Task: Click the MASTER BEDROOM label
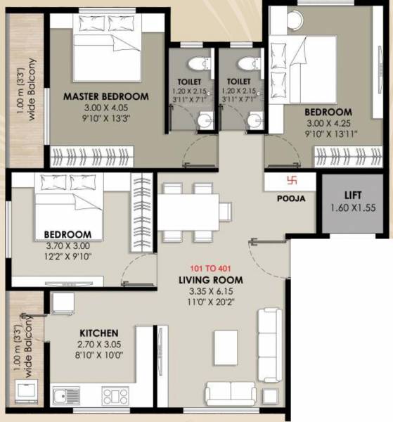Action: pyautogui.click(x=105, y=96)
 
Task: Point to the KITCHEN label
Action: pyautogui.click(x=98, y=332)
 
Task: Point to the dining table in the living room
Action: pyautogui.click(x=188, y=210)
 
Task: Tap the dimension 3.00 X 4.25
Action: pyautogui.click(x=328, y=123)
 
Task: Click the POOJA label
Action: pyautogui.click(x=292, y=199)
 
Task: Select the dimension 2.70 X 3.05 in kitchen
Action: pyautogui.click(x=98, y=344)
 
